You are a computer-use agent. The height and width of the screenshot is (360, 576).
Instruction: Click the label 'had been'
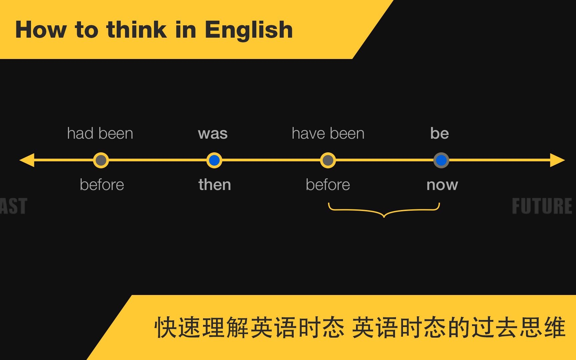coord(100,134)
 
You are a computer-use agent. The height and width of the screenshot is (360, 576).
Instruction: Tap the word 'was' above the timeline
coord(213,134)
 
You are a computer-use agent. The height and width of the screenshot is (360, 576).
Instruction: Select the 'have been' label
coord(328,134)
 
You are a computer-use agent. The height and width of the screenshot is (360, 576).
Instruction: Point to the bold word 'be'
coord(439,133)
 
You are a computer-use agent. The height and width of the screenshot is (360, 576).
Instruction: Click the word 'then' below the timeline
coord(215,185)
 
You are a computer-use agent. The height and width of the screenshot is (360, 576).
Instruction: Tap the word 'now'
coord(442,185)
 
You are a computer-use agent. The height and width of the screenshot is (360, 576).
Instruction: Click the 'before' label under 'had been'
coord(102,185)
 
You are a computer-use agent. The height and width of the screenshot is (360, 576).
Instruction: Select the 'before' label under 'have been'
coord(328,185)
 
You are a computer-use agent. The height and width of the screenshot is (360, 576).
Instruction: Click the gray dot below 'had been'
coord(101,160)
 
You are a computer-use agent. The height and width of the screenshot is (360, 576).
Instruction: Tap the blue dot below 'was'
coord(214,160)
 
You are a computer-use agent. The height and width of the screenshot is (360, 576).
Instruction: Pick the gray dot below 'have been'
coord(328,160)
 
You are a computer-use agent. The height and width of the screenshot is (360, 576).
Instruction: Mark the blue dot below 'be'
coord(441,160)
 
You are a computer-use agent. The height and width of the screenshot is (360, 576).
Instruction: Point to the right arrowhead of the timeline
coord(557,160)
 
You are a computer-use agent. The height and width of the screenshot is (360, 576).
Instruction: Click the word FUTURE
coord(542,206)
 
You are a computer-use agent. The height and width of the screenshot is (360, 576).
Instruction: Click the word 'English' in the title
coord(249,30)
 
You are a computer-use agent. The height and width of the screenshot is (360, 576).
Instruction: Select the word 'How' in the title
coord(41,30)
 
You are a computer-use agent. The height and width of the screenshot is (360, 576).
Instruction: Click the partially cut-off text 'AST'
coord(13,206)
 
